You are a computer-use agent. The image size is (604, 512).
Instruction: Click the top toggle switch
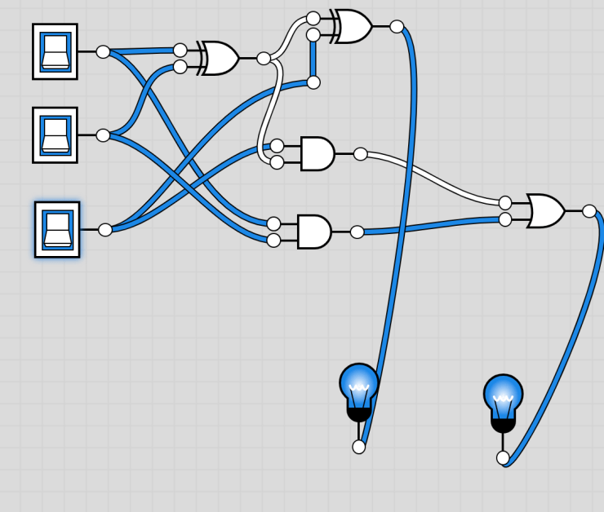tap(55, 51)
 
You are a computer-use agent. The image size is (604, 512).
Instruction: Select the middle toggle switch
tap(55, 135)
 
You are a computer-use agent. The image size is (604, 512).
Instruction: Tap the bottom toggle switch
tap(57, 229)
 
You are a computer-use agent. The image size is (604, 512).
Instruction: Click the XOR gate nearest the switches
tap(220, 58)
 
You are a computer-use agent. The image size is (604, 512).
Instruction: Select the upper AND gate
tap(317, 153)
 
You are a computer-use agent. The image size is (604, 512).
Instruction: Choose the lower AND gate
tap(313, 232)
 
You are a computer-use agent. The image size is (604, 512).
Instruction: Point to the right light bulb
tap(503, 397)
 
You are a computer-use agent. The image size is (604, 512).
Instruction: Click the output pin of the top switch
tap(103, 52)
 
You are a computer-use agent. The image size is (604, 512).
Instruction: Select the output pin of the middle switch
tap(103, 135)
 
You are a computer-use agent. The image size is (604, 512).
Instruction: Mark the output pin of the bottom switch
tap(105, 230)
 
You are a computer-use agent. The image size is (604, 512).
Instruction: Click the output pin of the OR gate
tap(589, 211)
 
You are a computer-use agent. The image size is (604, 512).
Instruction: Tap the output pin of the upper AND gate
tap(361, 154)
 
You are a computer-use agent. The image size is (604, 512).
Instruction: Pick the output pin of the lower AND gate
tap(358, 232)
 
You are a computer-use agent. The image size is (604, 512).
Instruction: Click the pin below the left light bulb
tap(359, 447)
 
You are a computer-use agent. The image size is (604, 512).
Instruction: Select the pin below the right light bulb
tap(503, 458)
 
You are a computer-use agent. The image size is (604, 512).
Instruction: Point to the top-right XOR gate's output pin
tap(397, 27)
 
